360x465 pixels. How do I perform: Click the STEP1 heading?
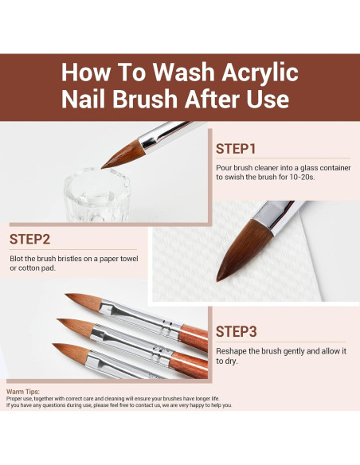(x=236, y=149)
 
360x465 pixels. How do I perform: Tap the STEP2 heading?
(x=29, y=240)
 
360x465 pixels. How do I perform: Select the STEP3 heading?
(x=236, y=331)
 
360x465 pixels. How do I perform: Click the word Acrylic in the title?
(x=260, y=72)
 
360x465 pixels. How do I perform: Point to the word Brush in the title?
(x=145, y=99)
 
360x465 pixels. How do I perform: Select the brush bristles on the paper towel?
(x=242, y=248)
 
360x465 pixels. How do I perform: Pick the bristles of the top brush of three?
(x=84, y=301)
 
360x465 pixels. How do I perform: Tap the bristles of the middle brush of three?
(x=76, y=326)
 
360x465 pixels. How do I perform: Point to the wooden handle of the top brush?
(x=194, y=337)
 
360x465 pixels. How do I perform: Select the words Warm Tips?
(x=23, y=392)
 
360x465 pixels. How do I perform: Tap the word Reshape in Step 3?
(x=231, y=352)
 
